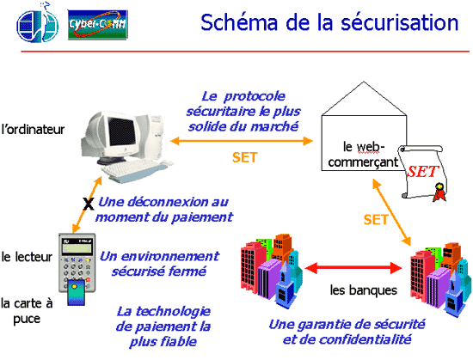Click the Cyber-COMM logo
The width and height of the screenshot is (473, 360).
98,25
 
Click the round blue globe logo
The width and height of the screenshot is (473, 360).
37,24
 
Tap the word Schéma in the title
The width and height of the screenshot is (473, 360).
239,23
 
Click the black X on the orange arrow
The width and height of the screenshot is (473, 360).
88,204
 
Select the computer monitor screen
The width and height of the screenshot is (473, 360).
121,132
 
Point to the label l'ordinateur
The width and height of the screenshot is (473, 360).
33,130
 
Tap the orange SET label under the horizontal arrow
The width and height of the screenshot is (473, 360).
244,157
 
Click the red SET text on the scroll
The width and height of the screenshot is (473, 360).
422,172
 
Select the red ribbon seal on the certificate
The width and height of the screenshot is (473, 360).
439,192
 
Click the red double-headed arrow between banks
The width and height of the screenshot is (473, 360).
353,268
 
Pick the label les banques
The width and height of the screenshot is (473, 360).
364,290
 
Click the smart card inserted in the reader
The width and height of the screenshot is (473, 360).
76,292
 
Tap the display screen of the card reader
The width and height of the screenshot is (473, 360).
77,248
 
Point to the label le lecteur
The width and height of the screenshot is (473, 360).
27,257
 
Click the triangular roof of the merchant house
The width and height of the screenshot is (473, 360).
364,99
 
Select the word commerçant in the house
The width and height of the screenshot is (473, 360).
363,162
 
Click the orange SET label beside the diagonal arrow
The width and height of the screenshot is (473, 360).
375,220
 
